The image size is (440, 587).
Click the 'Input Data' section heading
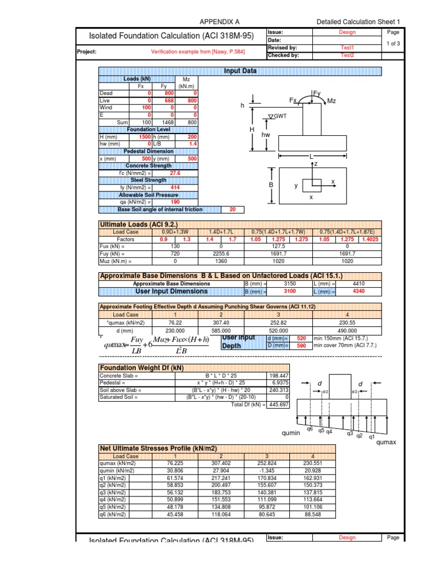pos(240,71)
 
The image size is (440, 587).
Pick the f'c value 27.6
pos(175,173)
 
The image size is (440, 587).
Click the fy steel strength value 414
pos(176,187)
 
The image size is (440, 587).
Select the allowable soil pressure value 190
pos(176,202)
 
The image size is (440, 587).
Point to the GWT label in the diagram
pos(280,116)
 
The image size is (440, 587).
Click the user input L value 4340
pos(360,291)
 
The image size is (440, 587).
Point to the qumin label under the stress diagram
pos(292,433)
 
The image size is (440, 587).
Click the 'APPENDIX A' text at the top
pos(219,21)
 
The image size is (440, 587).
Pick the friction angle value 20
pos(232,209)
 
